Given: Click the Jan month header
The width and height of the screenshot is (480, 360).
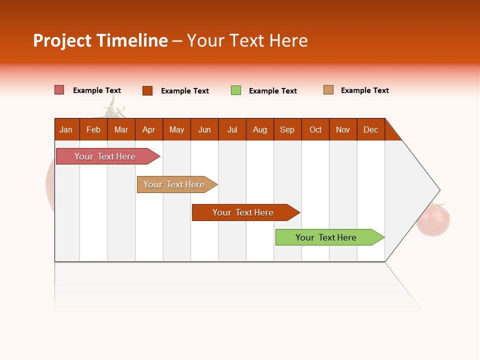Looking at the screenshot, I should tap(66, 129).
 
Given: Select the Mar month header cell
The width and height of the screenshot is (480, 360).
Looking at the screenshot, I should tap(121, 129).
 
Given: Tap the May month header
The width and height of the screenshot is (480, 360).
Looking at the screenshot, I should tap(176, 129).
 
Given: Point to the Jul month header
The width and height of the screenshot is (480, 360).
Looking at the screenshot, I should tap(232, 129).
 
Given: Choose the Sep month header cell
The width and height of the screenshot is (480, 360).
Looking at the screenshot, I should tap(287, 129).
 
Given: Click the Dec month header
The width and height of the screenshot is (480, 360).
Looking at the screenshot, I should tap(370, 129).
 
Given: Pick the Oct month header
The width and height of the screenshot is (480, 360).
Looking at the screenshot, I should tap(315, 129).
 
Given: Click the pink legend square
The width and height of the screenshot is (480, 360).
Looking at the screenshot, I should tap(59, 90).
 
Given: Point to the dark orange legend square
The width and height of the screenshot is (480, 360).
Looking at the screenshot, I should tap(147, 90).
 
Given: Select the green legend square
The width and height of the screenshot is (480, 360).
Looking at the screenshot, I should tap(236, 90).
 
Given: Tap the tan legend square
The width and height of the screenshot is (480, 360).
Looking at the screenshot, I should tap(328, 90).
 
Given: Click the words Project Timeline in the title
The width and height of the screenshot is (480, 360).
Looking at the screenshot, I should tap(100, 40).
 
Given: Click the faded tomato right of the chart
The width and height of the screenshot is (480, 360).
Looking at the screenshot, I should tap(433, 220).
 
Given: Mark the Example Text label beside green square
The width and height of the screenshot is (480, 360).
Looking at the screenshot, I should tap(273, 91).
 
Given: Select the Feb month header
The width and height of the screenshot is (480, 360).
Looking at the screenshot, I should tap(93, 129).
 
